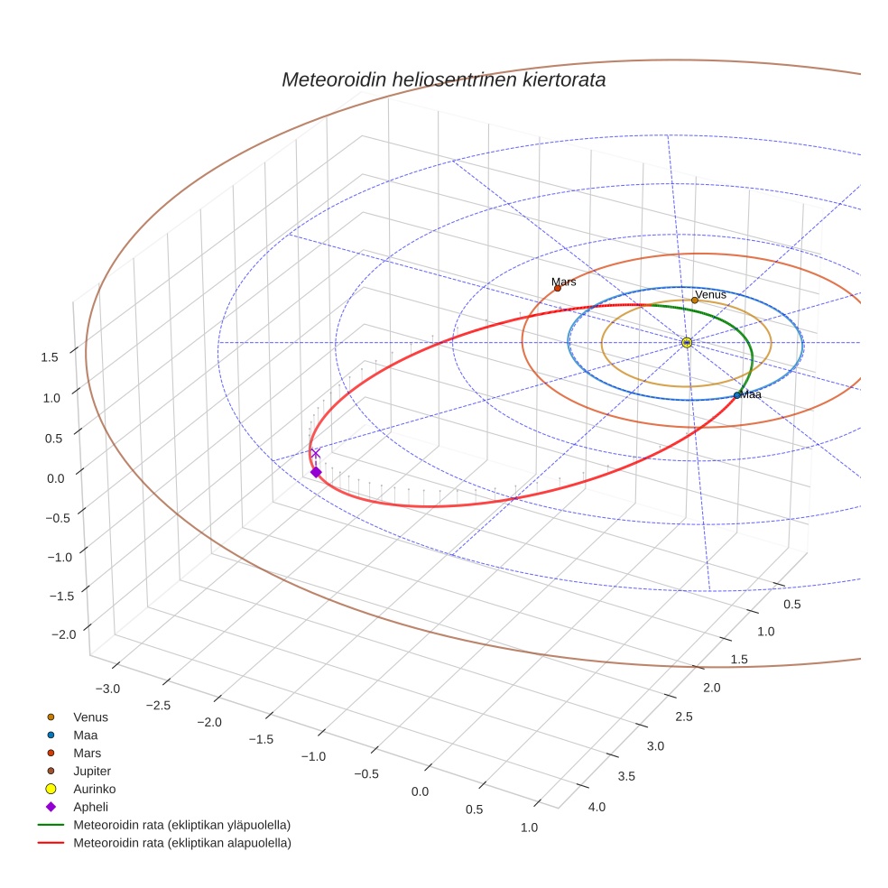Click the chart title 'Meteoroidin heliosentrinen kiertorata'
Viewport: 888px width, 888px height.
(x=443, y=79)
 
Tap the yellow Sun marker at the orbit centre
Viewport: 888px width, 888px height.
(x=687, y=342)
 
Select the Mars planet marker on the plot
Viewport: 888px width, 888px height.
(x=557, y=288)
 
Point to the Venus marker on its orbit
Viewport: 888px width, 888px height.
(x=695, y=300)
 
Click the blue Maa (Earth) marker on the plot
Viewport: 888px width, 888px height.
(x=737, y=394)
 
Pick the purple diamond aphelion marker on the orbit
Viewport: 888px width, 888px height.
(x=316, y=472)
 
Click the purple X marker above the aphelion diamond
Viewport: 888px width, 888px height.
(x=315, y=453)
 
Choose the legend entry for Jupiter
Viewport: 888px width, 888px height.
(x=92, y=771)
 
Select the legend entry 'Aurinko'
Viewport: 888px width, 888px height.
(x=94, y=789)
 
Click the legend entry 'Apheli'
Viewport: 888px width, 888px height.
(x=90, y=807)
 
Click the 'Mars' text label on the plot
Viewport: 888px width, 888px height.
(x=564, y=282)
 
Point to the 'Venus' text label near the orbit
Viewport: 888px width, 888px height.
(x=710, y=294)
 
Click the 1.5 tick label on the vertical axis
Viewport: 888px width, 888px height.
(x=50, y=357)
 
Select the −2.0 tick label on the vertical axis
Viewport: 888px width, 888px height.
(x=63, y=635)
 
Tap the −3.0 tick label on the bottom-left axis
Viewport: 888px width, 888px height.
(x=106, y=689)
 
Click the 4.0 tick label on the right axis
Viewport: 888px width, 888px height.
(x=597, y=807)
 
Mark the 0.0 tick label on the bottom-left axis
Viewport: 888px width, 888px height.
(x=420, y=791)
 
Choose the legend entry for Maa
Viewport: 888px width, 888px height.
(x=85, y=735)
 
